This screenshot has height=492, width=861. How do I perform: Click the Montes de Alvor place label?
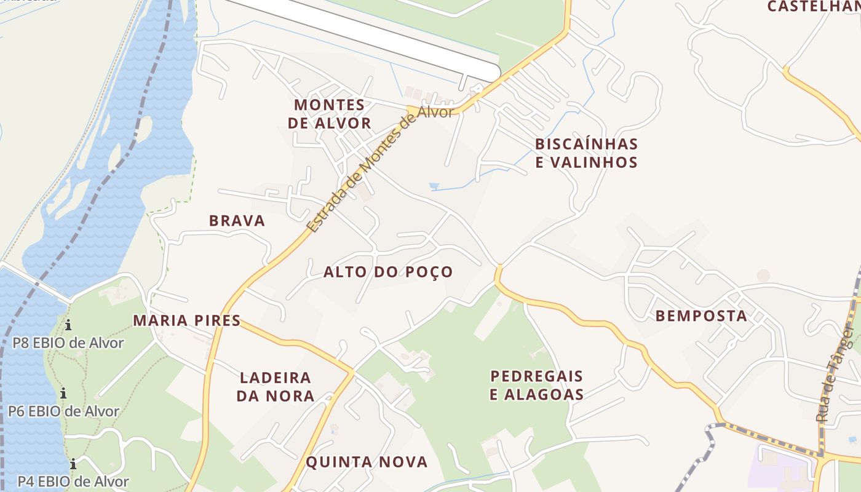pyautogui.click(x=329, y=114)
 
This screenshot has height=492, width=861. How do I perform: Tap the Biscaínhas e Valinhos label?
pyautogui.click(x=586, y=153)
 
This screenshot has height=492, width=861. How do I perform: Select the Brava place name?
pyautogui.click(x=237, y=221)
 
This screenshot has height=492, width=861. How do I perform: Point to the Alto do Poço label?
pyautogui.click(x=388, y=272)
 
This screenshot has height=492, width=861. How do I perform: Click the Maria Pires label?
pyautogui.click(x=187, y=320)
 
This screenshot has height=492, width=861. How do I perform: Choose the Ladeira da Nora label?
pyautogui.click(x=276, y=387)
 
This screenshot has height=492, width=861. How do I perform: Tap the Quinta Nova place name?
pyautogui.click(x=367, y=462)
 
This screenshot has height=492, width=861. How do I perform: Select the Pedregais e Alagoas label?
pyautogui.click(x=536, y=385)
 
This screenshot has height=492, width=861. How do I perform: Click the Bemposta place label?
pyautogui.click(x=701, y=316)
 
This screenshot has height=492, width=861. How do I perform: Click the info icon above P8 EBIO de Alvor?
pyautogui.click(x=68, y=325)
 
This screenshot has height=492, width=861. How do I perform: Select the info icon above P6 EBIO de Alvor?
pyautogui.click(x=63, y=393)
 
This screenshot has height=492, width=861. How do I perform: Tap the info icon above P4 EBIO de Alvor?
pyautogui.click(x=73, y=464)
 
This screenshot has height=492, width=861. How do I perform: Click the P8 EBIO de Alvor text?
pyautogui.click(x=68, y=343)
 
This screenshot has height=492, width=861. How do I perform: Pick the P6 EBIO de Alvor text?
pyautogui.click(x=63, y=411)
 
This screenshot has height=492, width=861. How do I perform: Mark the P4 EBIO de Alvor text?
pyautogui.click(x=73, y=482)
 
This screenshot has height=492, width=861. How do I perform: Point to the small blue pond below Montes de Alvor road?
pyautogui.click(x=435, y=185)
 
